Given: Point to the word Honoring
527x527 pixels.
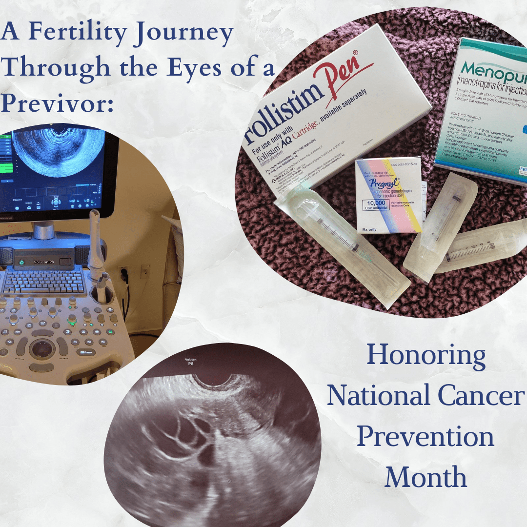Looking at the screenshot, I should point(426,356).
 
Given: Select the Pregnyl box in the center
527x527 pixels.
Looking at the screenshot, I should point(388,195).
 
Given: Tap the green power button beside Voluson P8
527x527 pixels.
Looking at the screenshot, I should point(21,263).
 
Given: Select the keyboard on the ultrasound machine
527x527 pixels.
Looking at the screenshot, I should point(44,282).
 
